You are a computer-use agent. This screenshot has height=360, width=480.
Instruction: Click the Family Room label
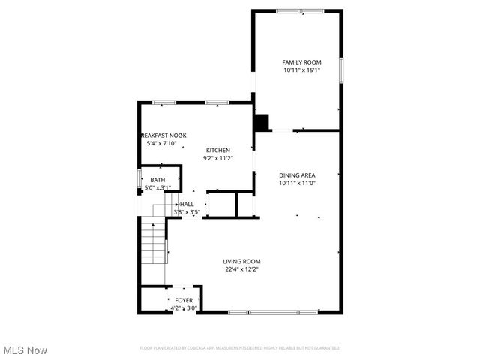coord(301,62)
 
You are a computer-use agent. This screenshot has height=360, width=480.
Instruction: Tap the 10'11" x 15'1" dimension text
coord(301,70)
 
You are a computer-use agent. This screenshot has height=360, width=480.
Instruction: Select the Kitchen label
coord(218,150)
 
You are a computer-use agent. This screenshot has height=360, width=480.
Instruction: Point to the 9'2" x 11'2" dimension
coord(218,158)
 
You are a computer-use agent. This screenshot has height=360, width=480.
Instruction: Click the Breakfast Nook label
coord(163,135)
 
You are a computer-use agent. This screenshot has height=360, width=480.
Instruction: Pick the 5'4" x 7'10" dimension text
coord(161,143)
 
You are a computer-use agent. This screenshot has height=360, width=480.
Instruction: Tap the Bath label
coord(157,180)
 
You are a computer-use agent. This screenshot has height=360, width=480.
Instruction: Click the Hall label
coord(187,204)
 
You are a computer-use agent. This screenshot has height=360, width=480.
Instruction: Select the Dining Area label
coord(297,175)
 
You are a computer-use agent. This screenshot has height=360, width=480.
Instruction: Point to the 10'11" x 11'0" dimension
coord(297,183)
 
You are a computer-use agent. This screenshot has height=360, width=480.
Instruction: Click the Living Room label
coord(241,261)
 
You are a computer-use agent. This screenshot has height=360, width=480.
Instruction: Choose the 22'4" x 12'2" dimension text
coord(241,269)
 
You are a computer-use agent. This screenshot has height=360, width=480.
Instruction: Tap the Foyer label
coord(184,300)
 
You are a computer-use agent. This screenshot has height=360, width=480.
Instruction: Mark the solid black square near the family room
coord(262,122)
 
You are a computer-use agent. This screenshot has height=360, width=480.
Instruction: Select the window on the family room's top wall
coord(296,11)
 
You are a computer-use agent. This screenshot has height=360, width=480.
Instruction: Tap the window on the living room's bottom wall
coord(273,312)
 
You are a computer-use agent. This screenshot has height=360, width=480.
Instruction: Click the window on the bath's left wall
coord(139,180)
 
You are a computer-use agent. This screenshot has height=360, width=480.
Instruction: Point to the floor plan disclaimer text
coord(240,348)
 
